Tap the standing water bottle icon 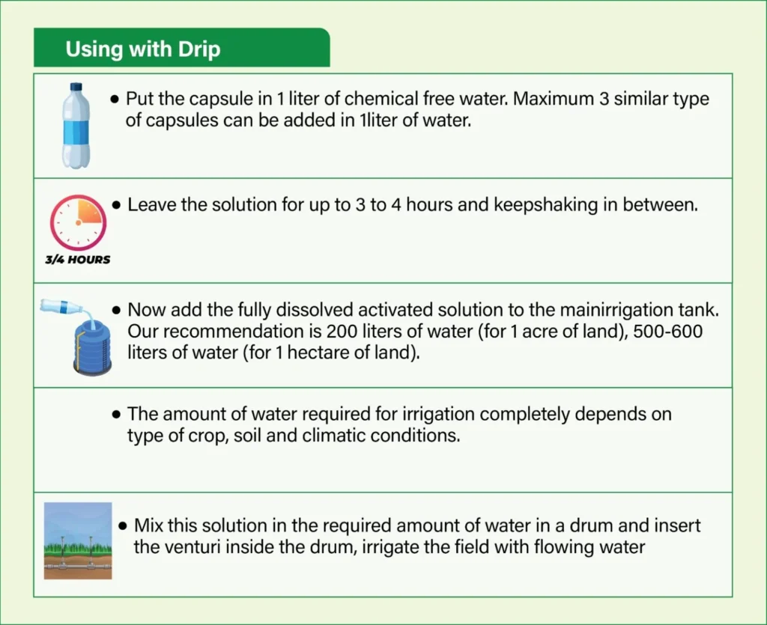(76, 126)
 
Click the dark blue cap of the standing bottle (76, 87)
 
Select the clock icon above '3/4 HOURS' (78, 222)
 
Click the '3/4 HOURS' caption (78, 260)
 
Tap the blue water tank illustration (92, 347)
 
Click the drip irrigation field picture (78, 540)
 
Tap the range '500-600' (667, 332)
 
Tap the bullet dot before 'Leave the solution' (116, 205)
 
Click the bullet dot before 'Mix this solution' (123, 526)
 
